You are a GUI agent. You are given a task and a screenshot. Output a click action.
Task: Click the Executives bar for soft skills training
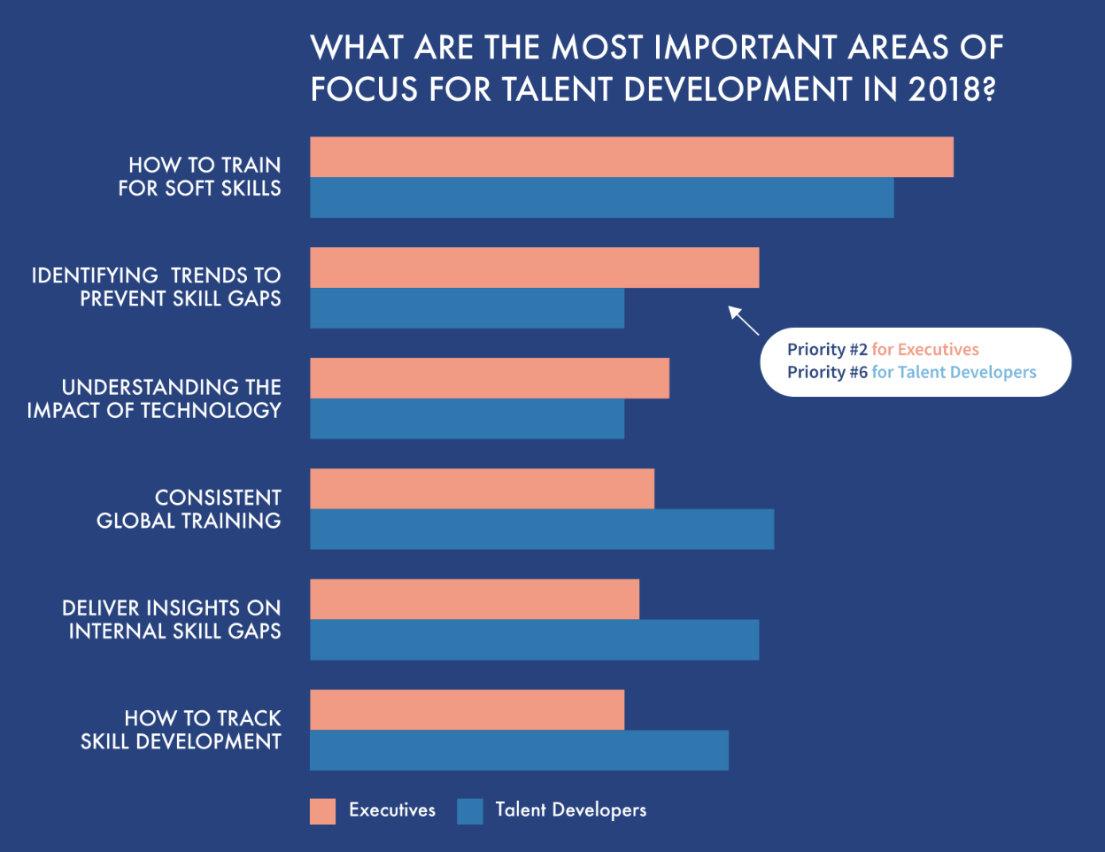pyautogui.click(x=631, y=157)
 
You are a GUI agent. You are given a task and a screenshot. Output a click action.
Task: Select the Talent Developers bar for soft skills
pyautogui.click(x=601, y=198)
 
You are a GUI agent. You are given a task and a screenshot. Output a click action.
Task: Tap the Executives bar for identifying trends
pyautogui.click(x=534, y=267)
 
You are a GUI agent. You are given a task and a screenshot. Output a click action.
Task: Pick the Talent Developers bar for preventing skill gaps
pyautogui.click(x=467, y=308)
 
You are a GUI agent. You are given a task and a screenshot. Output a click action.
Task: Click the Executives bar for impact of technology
pyautogui.click(x=489, y=378)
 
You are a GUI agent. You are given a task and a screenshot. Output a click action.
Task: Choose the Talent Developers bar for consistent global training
pyautogui.click(x=542, y=529)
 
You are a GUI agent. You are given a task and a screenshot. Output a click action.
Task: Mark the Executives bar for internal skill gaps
pyautogui.click(x=474, y=599)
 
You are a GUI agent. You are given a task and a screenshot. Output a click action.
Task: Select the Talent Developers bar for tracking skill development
pyautogui.click(x=519, y=750)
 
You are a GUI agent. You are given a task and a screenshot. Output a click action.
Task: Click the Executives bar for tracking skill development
pyautogui.click(x=467, y=709)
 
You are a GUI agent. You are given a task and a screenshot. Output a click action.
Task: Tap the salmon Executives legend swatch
pyautogui.click(x=322, y=811)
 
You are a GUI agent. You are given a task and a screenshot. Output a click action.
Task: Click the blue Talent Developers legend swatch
pyautogui.click(x=470, y=811)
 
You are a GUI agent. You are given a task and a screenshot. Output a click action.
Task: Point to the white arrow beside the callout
pyautogui.click(x=743, y=320)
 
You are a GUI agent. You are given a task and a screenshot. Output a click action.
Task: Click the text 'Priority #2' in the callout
pyautogui.click(x=827, y=350)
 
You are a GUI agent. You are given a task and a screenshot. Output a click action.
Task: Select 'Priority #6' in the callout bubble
pyautogui.click(x=827, y=373)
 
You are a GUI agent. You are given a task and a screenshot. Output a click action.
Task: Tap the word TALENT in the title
pyautogui.click(x=560, y=89)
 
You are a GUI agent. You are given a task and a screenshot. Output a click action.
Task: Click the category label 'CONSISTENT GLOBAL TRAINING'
pyautogui.click(x=189, y=509)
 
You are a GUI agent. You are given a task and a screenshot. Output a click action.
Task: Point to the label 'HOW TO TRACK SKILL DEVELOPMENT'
pyautogui.click(x=182, y=730)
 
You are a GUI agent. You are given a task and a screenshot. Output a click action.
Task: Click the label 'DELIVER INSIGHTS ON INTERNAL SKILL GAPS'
pyautogui.click(x=173, y=619)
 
